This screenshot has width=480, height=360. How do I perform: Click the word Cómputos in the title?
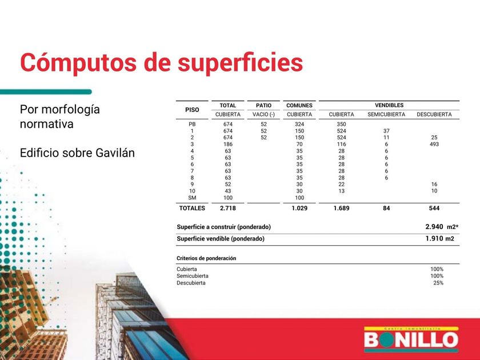pos(78,63)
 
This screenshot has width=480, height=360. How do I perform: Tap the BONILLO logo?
pos(411,339)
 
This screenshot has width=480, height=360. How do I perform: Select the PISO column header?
pos(192,110)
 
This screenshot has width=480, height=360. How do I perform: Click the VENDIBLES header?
pos(389,105)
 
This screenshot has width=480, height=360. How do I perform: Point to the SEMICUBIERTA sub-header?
pos(386,114)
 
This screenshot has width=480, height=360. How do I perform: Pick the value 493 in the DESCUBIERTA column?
pos(434,144)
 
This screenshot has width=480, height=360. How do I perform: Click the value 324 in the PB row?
pos(299,125)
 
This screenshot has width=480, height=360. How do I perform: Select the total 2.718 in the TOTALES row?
pos(228,208)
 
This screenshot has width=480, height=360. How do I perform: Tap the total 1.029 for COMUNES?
pos(299,208)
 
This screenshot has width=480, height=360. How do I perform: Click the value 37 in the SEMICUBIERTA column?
pos(386,131)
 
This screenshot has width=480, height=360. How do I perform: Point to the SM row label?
pos(192,198)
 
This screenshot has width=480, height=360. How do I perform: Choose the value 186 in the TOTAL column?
pos(228,144)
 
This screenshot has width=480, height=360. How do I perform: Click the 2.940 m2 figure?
pos(442,227)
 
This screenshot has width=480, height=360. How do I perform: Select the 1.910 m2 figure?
pos(439,238)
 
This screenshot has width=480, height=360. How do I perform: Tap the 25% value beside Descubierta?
pos(438,283)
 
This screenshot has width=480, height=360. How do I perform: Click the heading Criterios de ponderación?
pos(206,258)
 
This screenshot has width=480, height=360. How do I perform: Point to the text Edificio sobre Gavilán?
pos(77,153)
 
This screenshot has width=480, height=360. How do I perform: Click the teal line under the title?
pos(46,92)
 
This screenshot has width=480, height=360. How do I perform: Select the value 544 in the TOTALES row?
pos(434,208)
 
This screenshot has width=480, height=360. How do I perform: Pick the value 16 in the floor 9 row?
pos(434,184)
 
